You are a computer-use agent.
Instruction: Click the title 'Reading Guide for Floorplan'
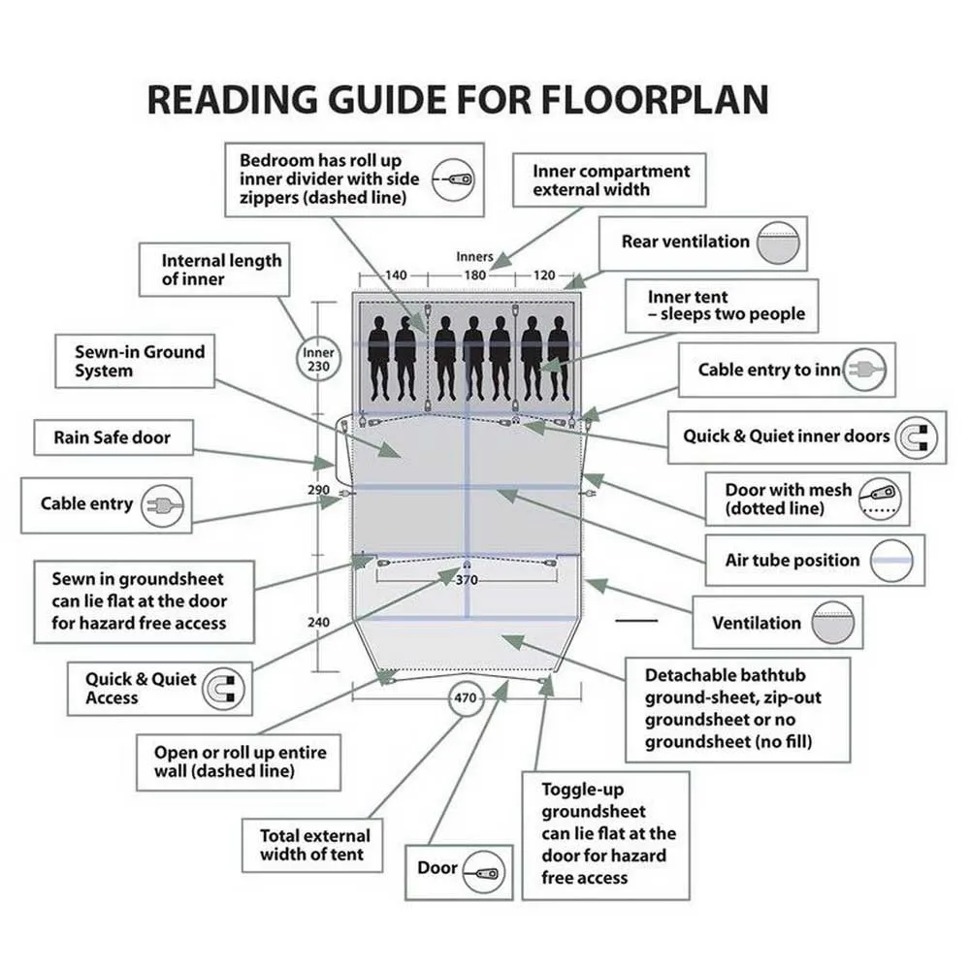coord(458,100)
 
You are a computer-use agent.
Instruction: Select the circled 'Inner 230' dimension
coord(317,361)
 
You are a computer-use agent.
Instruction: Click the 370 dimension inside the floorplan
coord(467,580)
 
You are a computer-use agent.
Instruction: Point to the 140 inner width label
coord(396,275)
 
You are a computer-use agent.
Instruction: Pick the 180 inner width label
coord(474,275)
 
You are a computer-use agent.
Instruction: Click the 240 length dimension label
coord(318,622)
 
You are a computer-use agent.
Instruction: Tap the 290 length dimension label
coord(318,491)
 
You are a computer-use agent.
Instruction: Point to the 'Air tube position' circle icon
coord(893,561)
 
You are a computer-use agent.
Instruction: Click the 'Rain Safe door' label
coord(113,437)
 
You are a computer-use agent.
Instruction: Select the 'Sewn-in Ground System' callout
coord(140,361)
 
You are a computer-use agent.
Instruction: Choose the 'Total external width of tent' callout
coord(315,845)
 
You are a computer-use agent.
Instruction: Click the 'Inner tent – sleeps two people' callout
coord(727,306)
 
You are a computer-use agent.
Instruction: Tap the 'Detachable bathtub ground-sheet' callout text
coord(733,708)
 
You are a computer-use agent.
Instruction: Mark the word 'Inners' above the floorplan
coord(474,257)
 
